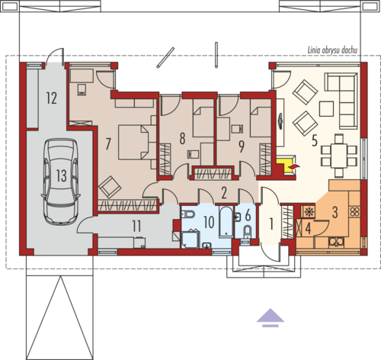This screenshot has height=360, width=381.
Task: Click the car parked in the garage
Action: coord(60,181)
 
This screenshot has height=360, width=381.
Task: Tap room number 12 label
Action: coord(51,98)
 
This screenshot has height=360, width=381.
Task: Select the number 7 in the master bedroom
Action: coord(108,144)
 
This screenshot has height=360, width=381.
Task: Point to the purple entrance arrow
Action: coord(271,317)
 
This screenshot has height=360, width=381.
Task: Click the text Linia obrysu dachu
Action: coord(332,50)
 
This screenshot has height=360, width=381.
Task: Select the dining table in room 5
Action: coord(339,156)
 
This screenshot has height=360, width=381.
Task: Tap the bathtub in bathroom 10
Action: coord(226,221)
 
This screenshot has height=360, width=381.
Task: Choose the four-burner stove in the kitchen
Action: coord(355,211)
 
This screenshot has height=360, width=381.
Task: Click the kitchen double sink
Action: coord(336,242)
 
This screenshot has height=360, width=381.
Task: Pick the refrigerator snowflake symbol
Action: coord(309,212)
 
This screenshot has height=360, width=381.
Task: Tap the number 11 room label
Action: coord(136,226)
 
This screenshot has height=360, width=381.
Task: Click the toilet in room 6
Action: coord(248,232)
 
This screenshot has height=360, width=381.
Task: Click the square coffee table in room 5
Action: coord(326,109)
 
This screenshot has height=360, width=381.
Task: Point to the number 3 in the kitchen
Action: coord(335,212)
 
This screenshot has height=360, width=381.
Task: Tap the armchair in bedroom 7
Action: coord(110,187)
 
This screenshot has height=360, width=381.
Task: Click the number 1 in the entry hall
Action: coord(271,224)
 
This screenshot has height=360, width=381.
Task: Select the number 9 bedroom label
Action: coord(242,146)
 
